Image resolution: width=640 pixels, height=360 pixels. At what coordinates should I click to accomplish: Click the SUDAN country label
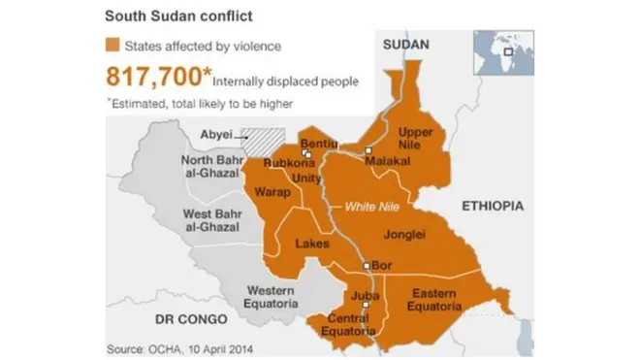pos(405,45)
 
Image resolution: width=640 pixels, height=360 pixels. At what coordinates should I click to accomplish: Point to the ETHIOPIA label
pos(492,206)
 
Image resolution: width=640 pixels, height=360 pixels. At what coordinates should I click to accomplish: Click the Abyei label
pos(215,135)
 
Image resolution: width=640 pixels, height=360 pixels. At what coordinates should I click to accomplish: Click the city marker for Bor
pos(366,265)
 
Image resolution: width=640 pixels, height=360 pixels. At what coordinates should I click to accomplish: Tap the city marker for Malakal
pos(368,149)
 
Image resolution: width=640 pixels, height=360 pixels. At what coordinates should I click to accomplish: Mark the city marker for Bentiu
pos(305,152)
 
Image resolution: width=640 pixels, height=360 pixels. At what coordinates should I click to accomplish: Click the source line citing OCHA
pos(169,346)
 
